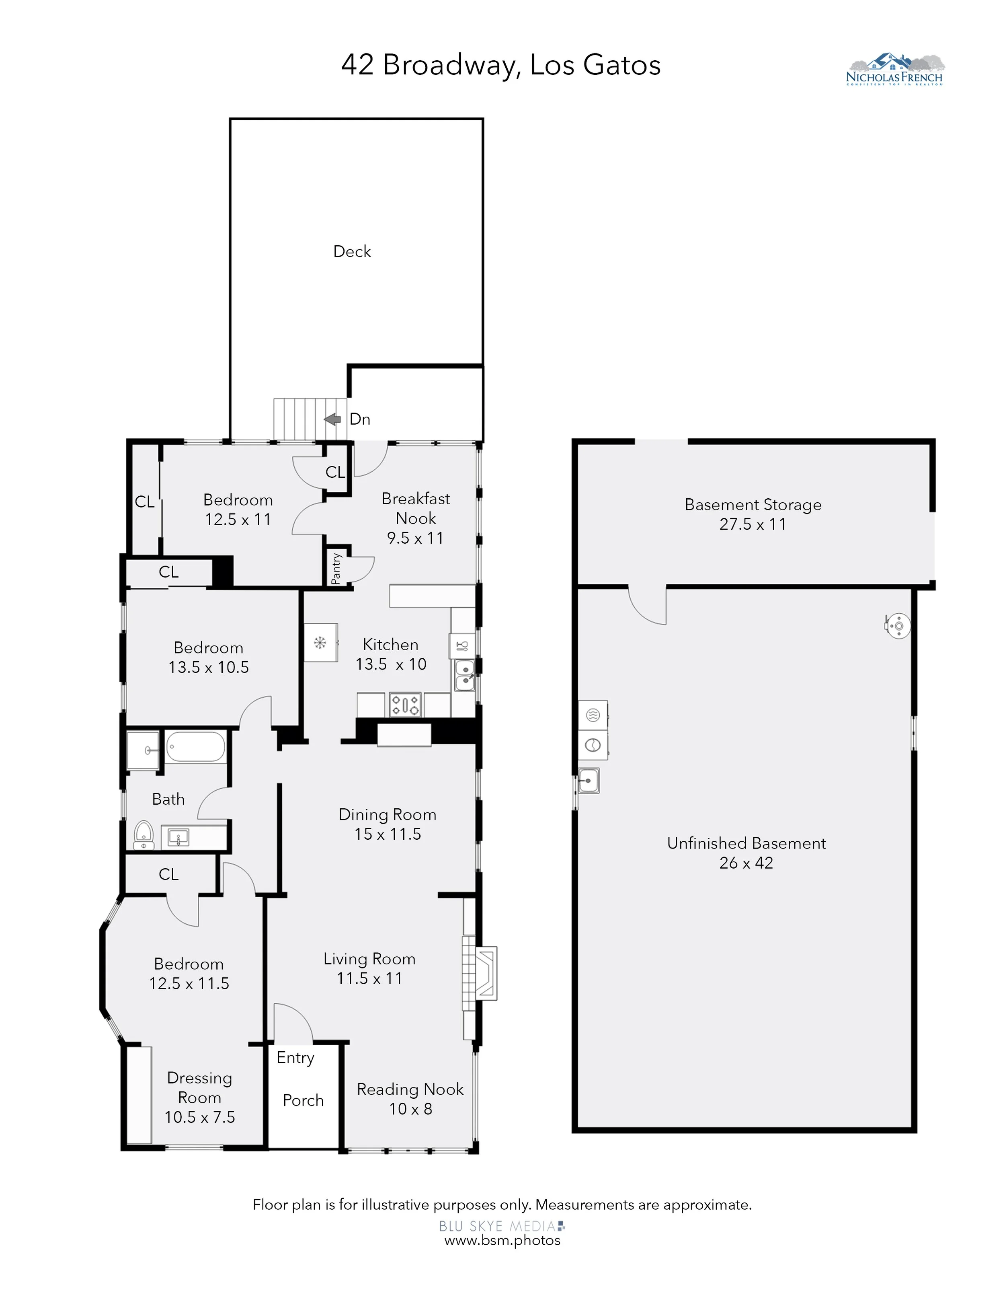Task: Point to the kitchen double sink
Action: click(464, 676)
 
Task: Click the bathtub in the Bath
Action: click(195, 747)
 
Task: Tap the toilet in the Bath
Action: click(144, 835)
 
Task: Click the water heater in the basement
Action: click(897, 626)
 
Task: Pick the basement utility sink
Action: click(588, 780)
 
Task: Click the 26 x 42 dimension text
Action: click(746, 863)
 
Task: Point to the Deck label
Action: click(352, 251)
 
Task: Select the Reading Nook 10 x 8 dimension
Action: click(410, 1109)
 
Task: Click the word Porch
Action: click(303, 1100)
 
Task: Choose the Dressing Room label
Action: click(199, 1088)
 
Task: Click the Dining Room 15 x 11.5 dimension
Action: click(388, 834)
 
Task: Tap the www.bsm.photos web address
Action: click(503, 1240)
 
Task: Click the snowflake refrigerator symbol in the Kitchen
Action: click(320, 642)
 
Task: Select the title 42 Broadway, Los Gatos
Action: click(501, 65)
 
